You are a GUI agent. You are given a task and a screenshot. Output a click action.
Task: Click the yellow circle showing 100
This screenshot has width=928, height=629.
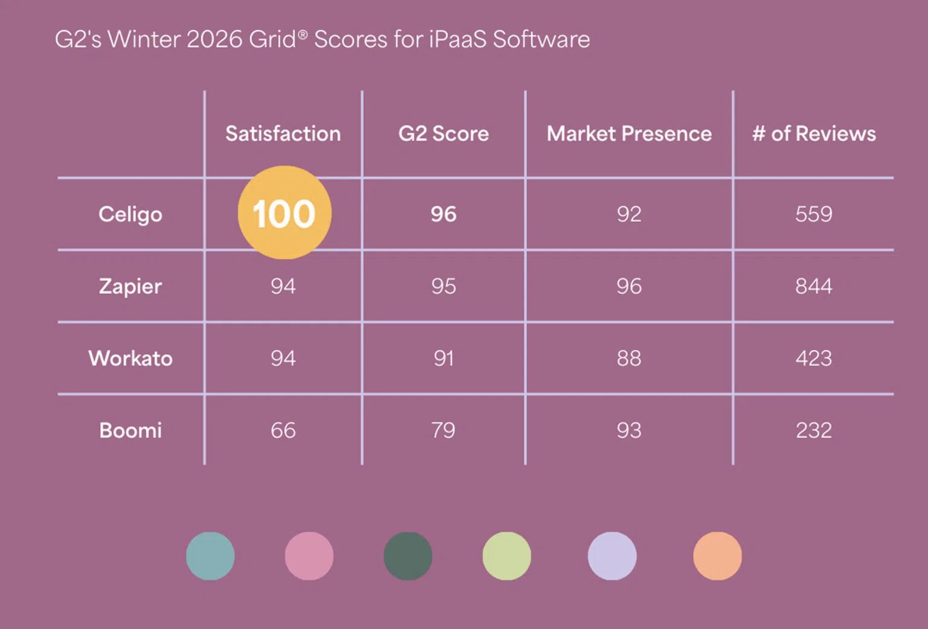(284, 212)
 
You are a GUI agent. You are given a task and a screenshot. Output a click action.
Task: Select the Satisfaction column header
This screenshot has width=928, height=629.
(283, 133)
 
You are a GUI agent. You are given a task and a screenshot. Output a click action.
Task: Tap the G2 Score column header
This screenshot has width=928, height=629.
(443, 133)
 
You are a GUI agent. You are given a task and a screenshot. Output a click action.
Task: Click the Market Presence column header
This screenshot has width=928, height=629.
(629, 133)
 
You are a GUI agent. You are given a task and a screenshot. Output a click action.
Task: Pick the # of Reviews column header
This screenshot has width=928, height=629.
(814, 133)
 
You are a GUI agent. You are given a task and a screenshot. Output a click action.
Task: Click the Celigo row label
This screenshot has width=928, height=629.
(130, 214)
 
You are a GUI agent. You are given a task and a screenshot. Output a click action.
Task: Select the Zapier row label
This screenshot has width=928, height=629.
(130, 286)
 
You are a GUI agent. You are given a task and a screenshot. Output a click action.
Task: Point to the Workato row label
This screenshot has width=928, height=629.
(130, 359)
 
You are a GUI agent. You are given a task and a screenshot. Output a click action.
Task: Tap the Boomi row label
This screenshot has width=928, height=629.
(130, 430)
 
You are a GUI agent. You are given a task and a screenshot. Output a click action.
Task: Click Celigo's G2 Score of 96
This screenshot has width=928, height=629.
(443, 214)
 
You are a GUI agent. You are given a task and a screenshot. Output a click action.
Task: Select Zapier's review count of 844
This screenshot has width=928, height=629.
(814, 286)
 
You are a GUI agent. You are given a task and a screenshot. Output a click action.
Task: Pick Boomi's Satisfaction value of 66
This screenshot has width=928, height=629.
(283, 430)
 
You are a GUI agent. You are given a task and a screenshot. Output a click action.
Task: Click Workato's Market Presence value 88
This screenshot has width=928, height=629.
(629, 359)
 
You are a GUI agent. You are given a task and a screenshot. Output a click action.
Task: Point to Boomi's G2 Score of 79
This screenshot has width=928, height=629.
(443, 430)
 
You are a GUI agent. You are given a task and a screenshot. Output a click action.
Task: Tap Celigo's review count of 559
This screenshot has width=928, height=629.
(814, 214)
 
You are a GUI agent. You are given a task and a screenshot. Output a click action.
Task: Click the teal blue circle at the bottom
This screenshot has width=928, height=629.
(210, 556)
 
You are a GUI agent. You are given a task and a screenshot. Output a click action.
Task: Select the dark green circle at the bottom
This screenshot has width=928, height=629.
(408, 556)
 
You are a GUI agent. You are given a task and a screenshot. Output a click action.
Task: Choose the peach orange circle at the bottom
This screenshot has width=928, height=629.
(717, 556)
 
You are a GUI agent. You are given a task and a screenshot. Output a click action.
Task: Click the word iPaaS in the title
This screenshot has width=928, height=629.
(457, 40)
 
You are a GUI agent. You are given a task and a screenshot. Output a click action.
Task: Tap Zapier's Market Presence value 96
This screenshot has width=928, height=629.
(629, 286)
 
